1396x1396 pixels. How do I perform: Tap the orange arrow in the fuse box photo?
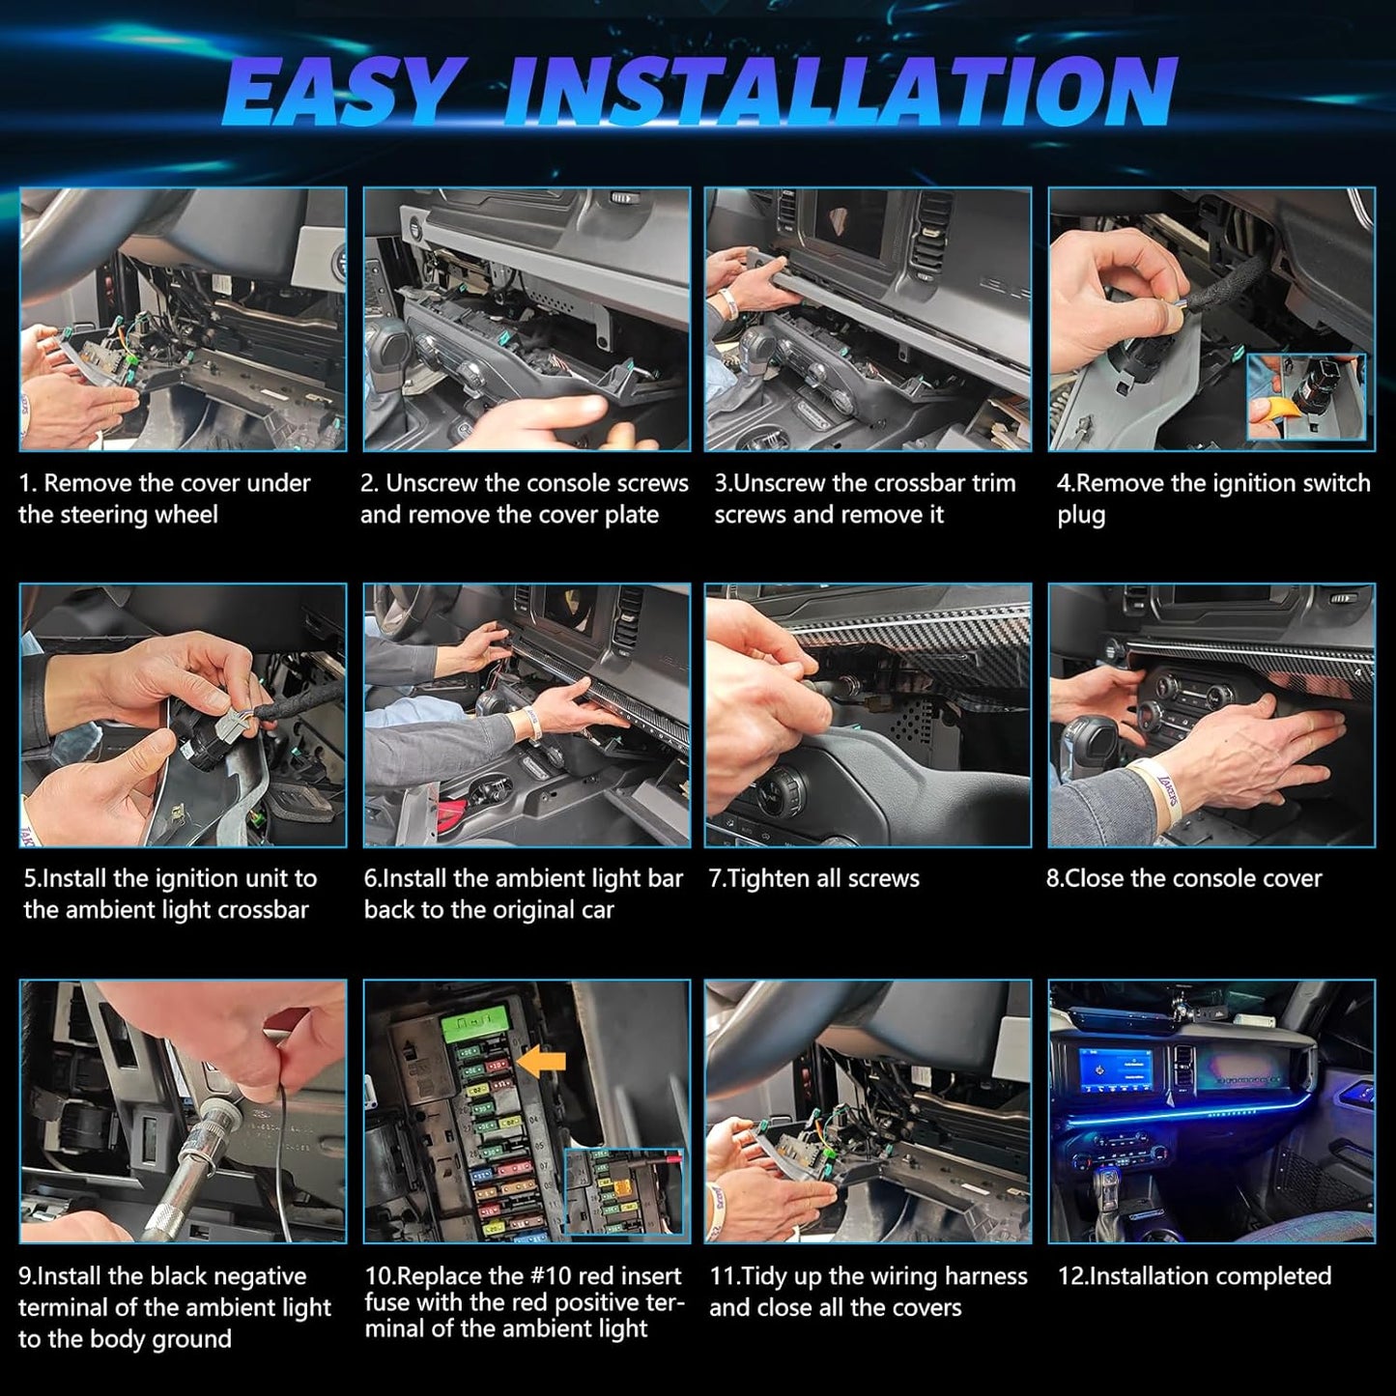542,1063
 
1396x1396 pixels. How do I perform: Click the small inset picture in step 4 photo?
1304,397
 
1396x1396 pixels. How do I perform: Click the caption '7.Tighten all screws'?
814,879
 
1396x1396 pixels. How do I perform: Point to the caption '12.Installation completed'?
1194,1276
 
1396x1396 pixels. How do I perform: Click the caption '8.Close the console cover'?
1184,879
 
